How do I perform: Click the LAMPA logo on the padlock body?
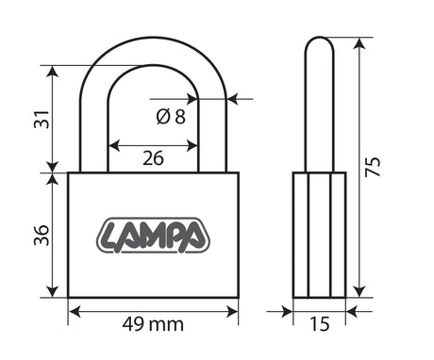153,235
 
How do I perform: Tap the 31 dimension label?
42,120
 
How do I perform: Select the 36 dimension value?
42,236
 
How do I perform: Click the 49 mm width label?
153,324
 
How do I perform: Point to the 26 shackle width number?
153,158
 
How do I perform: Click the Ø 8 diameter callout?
171,117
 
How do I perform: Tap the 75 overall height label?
373,166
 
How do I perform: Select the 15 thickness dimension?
320,324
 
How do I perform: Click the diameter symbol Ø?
163,117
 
